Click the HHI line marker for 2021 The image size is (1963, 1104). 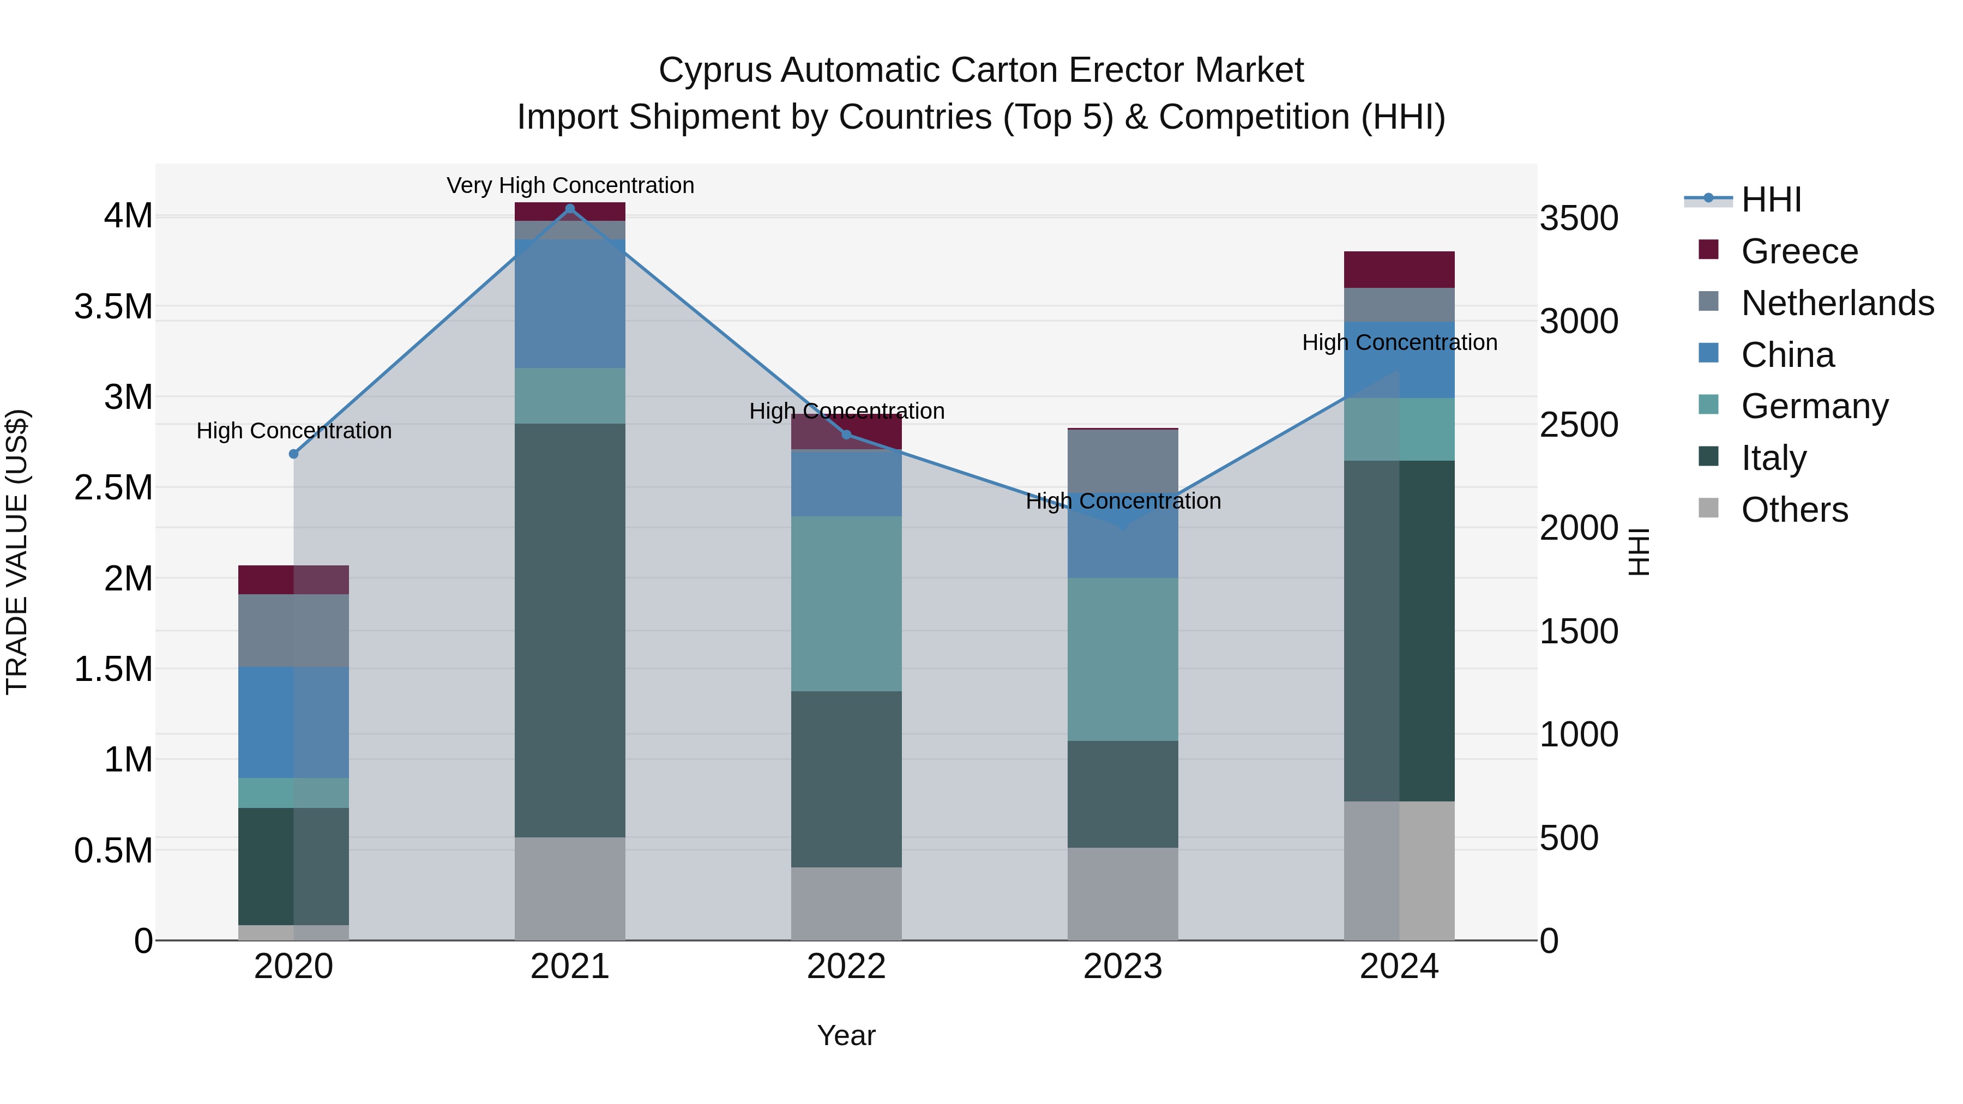(x=569, y=209)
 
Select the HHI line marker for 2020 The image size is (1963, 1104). (x=293, y=454)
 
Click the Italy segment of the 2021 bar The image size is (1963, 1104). (x=569, y=630)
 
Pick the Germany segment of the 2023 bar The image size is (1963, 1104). (x=1123, y=659)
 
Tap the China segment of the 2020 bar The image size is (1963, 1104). (x=293, y=722)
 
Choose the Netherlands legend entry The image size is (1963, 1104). (x=1836, y=303)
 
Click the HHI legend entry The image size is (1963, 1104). (x=1771, y=200)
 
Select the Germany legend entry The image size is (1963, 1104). (x=1814, y=406)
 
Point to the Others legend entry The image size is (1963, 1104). (x=1794, y=510)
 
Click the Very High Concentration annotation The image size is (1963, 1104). (x=570, y=185)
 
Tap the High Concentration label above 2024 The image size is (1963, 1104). (x=1399, y=343)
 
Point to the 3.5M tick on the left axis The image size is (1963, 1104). (x=113, y=307)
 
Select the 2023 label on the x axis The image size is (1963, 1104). (x=1123, y=967)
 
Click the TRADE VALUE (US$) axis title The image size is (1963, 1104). (x=17, y=552)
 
